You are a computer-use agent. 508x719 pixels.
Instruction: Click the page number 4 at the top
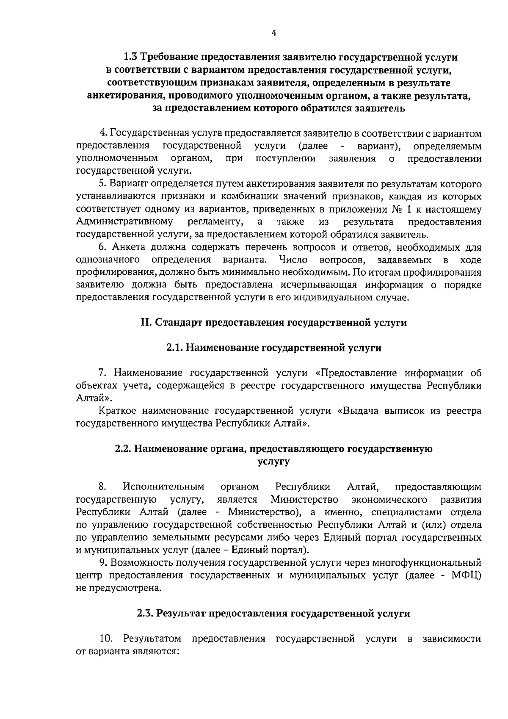click(273, 34)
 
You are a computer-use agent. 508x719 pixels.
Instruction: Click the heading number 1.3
click(130, 56)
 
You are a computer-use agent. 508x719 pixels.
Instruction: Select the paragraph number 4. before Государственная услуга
click(102, 134)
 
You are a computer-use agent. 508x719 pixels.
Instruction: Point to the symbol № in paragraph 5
click(393, 210)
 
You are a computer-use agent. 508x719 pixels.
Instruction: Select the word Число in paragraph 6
click(293, 260)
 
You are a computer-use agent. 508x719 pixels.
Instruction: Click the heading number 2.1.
click(174, 348)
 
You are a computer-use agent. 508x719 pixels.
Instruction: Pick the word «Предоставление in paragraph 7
click(356, 373)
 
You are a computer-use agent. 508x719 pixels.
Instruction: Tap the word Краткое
click(116, 411)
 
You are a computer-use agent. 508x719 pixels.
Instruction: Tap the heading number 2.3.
click(146, 614)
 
